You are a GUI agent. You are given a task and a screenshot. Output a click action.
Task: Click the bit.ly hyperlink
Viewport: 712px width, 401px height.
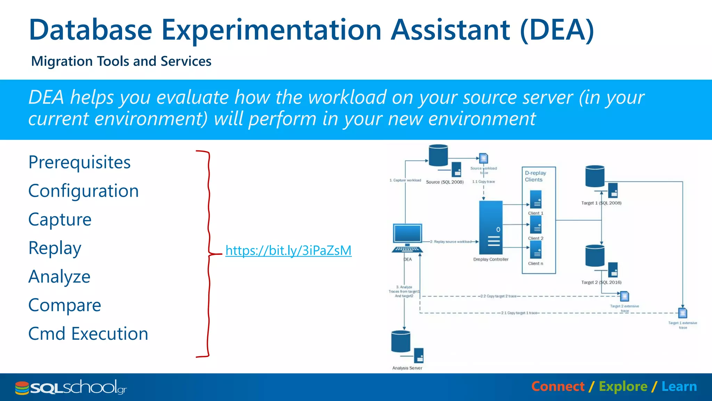coord(288,250)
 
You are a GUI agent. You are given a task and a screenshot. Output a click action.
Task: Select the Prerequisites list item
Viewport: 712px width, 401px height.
coord(80,162)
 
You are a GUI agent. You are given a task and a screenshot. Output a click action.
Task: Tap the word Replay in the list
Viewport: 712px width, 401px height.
coord(55,248)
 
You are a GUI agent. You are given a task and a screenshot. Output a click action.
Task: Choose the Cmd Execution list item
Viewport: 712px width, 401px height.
coord(88,334)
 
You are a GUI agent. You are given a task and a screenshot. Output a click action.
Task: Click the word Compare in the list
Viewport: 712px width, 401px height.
coord(65,305)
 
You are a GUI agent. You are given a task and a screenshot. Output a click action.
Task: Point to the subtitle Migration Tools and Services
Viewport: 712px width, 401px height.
coord(121,61)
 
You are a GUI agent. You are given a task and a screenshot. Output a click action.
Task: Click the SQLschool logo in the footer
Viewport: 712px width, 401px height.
coord(71,387)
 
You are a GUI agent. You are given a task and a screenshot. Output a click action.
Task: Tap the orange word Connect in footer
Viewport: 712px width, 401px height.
coord(558,387)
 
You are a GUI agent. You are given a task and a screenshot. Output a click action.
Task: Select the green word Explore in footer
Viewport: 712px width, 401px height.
coord(623,387)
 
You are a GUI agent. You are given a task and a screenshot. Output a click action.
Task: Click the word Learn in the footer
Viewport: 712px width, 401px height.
coord(679,387)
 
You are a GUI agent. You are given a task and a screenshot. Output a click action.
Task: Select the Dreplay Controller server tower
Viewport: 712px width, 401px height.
coord(491,228)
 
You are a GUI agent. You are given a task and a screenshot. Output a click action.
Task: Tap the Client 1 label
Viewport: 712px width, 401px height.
coord(535,213)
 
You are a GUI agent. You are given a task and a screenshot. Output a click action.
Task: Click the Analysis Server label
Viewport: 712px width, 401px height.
coord(407,368)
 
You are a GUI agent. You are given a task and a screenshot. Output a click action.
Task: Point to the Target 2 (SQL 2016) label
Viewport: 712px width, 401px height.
coord(601,282)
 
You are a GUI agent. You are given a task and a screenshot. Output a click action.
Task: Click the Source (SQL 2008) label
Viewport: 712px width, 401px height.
coord(445,182)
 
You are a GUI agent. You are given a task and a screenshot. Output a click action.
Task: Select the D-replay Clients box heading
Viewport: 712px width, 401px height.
coord(535,176)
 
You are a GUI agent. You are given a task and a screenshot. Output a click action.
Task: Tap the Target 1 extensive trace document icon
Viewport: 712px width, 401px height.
coord(682,313)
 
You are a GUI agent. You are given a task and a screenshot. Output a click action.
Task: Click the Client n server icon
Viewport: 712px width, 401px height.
coord(536,250)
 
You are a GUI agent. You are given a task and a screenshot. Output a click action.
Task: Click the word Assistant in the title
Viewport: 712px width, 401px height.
coord(451,30)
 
